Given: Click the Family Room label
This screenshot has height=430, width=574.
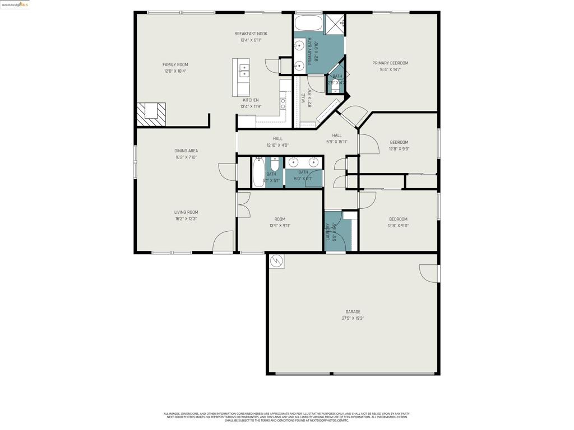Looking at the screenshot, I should [175, 64].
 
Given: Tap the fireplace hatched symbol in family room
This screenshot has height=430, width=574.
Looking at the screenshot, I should [151, 114].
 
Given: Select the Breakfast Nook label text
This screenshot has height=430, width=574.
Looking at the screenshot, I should [251, 34].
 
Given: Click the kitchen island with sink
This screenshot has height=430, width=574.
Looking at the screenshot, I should [242, 77].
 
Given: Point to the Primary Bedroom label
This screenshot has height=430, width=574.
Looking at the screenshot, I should [390, 63].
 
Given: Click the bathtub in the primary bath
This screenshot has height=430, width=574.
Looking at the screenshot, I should [308, 24].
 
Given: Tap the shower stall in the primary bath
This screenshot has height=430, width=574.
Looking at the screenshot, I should [335, 24].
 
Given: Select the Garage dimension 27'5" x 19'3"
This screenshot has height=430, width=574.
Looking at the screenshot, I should [353, 319].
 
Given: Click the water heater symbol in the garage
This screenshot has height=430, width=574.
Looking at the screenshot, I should [276, 261].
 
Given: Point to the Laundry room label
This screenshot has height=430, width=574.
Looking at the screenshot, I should [328, 232].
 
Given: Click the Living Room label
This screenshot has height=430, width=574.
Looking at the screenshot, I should [186, 212].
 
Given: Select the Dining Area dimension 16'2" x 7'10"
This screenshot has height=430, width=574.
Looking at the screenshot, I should [186, 157].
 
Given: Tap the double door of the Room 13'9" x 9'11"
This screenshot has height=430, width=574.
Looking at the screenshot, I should [243, 204].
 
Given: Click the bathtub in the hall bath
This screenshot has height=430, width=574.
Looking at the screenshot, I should [258, 172].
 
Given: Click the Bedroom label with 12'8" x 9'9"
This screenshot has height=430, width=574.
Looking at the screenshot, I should [399, 142].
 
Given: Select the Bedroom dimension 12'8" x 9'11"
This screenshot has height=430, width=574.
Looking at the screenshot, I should [399, 226].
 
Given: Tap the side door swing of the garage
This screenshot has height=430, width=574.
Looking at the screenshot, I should [429, 273].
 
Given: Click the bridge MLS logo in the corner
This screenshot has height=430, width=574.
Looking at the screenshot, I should [15, 4].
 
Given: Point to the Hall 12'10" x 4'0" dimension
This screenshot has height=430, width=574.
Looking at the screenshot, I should [277, 146].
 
